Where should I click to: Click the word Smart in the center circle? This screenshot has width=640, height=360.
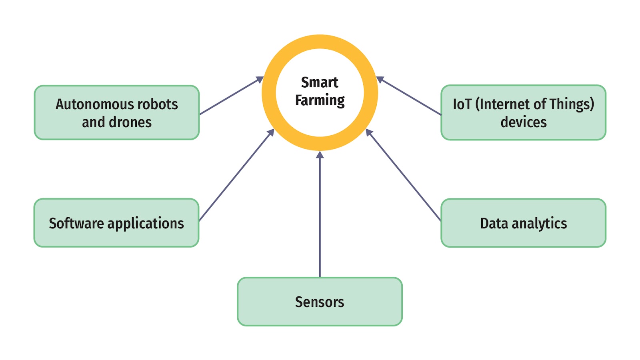[x=319, y=82]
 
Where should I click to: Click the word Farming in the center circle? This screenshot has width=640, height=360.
[x=320, y=100]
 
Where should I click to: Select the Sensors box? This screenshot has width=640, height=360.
[x=320, y=302]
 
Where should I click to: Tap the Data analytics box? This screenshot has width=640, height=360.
[x=523, y=223]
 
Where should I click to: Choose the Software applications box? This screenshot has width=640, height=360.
[x=116, y=223]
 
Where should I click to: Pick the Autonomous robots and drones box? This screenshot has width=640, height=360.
[x=116, y=113]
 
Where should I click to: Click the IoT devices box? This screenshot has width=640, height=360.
[x=523, y=113]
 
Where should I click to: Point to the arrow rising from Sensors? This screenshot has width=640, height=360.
[x=320, y=216]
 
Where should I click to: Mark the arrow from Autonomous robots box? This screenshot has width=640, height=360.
[x=230, y=96]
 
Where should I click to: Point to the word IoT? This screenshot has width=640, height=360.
[x=462, y=104]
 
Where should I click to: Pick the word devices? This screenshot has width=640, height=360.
[x=523, y=122]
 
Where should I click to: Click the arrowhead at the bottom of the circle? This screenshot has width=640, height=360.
[x=320, y=155]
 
